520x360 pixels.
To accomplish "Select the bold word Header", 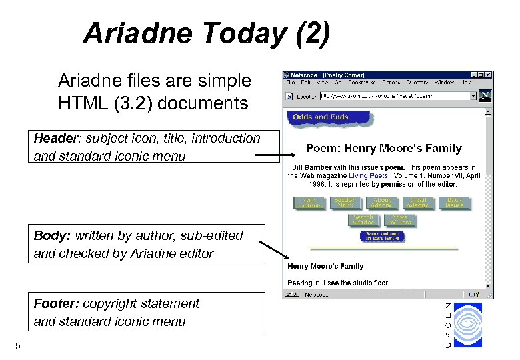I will [55, 139].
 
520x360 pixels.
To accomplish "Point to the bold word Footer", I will [56, 304].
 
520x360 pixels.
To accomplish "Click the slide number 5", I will [18, 345].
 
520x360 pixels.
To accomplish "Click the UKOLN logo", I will [464, 324].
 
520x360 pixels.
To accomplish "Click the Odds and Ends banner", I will [321, 117].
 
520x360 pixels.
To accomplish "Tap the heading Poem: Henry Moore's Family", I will [383, 148].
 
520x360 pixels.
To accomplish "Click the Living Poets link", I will [368, 175].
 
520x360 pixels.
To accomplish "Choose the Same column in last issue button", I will [382, 236].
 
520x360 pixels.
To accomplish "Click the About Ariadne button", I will [382, 203].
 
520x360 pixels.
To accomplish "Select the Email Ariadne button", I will [418, 203].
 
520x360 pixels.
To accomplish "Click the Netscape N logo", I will [485, 95].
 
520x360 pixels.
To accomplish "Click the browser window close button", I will [489, 75].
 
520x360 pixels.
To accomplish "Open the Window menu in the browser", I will [443, 83].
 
